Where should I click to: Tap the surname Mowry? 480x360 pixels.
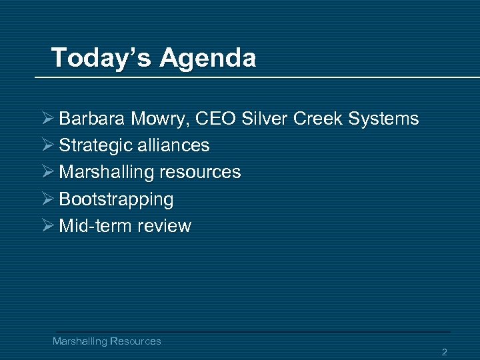pos(149,119)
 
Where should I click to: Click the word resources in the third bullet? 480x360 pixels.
pos(200,172)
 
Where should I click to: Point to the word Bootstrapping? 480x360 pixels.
pos(116,199)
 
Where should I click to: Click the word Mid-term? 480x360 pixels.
pos(95,226)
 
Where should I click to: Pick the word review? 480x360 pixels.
pos(164,226)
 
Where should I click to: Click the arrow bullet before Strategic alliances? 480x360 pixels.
pos(47,145)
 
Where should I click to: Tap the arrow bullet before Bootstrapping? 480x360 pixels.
pos(47,199)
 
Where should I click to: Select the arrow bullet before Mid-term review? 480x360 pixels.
pos(47,225)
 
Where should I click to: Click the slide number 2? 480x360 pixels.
pos(444,352)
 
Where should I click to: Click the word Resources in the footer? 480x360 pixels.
pos(135,341)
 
